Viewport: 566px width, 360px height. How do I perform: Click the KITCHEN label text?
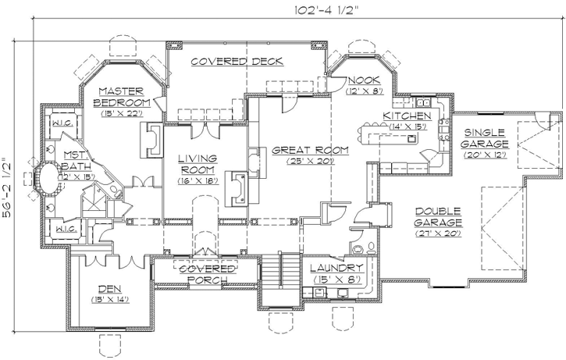[x=406, y=116]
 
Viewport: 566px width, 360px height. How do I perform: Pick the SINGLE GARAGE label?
[x=484, y=138]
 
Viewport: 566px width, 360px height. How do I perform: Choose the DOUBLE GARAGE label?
[x=438, y=216]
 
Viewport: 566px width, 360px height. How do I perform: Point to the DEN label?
[x=109, y=287]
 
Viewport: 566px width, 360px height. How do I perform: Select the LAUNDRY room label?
[x=340, y=268]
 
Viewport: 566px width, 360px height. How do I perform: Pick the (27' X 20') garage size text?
[x=438, y=233]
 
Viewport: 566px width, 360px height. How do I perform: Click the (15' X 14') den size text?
[x=109, y=299]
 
